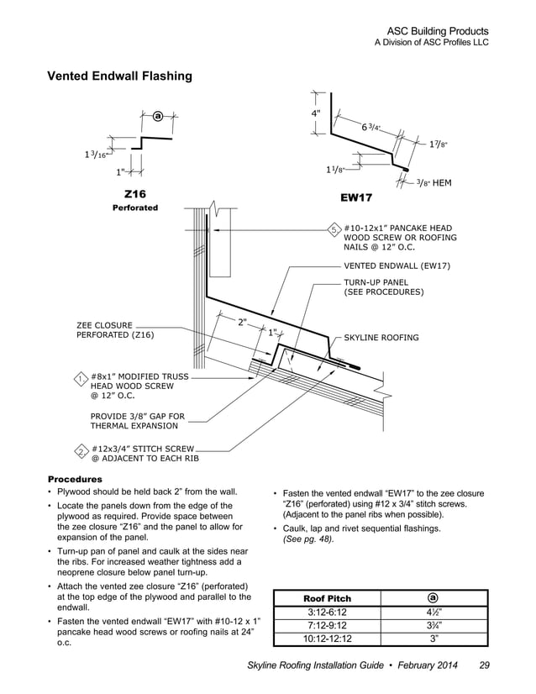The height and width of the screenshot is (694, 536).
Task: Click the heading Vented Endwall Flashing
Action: (119, 76)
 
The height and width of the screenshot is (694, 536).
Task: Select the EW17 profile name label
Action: (356, 199)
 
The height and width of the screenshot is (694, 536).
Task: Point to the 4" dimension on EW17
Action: (315, 113)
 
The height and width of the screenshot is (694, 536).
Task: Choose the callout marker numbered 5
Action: (334, 229)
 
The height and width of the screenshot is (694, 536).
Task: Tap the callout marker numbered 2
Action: (80, 452)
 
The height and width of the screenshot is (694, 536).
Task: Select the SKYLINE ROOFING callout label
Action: (381, 338)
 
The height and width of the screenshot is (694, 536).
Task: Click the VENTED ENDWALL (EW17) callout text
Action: (397, 266)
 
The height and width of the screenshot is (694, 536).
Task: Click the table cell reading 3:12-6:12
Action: (327, 612)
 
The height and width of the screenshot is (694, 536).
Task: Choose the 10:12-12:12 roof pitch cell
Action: (327, 639)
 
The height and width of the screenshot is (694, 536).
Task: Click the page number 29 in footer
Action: (484, 666)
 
